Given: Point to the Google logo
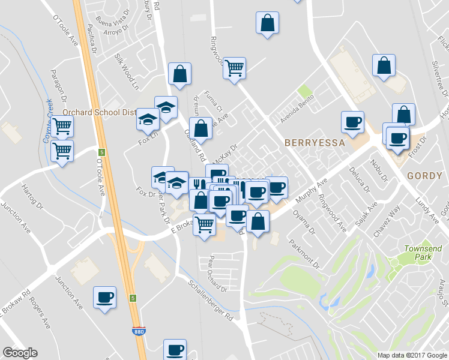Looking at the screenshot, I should (x=20, y=353).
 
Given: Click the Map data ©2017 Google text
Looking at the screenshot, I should (x=412, y=355).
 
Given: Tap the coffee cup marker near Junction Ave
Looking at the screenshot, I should (x=105, y=297).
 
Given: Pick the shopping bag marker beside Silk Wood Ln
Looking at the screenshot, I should (x=179, y=74).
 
